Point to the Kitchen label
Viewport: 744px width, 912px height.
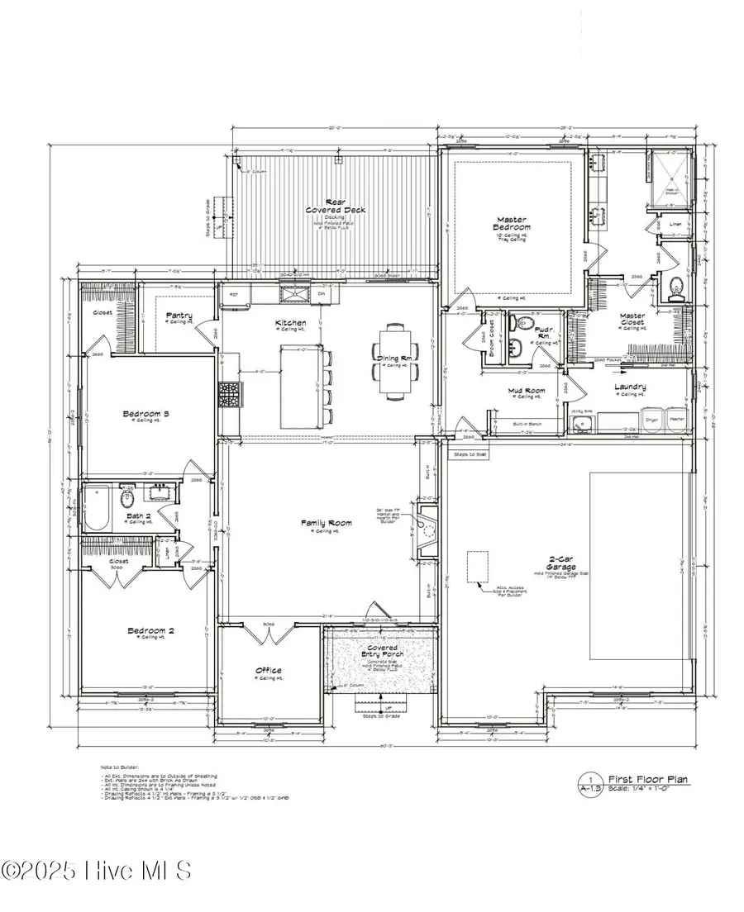point(291,322)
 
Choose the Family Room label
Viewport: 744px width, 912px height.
point(328,522)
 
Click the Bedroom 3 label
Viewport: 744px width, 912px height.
point(145,413)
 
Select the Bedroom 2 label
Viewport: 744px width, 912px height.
point(150,632)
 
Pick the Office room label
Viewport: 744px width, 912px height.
point(268,670)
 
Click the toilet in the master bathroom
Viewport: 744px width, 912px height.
point(675,287)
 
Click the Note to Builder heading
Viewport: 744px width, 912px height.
point(117,767)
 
